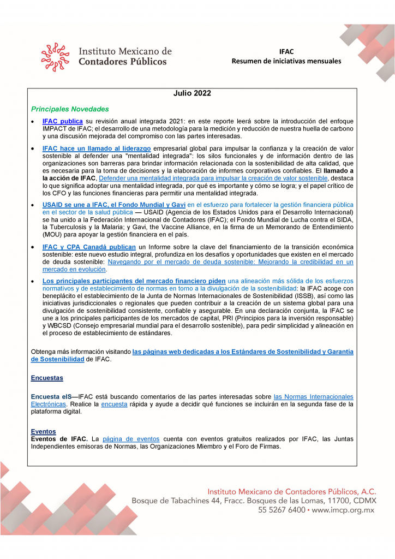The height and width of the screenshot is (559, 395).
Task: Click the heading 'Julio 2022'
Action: click(192, 93)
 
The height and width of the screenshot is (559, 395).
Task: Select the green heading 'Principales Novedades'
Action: click(70, 109)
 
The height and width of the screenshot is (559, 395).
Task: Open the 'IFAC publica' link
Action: click(62, 121)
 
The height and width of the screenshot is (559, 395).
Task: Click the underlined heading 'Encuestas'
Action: click(47, 378)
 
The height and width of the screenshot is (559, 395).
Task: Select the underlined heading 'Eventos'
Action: click(43, 431)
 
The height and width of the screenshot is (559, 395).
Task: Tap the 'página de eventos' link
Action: click(131, 439)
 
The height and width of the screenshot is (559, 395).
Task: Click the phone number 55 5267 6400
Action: click(282, 510)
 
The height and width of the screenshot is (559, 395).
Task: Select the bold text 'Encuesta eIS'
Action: click(51, 396)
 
